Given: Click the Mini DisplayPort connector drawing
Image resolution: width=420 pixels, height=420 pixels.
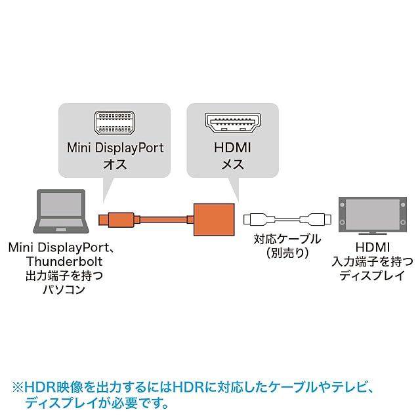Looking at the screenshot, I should click(114, 123).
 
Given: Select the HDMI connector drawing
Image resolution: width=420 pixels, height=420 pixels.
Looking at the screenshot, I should click(232, 123).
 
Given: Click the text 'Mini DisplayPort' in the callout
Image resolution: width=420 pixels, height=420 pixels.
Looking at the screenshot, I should click(115, 148).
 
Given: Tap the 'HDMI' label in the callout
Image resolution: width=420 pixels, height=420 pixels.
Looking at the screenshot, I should click(232, 148).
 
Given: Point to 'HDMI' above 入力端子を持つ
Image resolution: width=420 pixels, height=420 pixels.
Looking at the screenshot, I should click(371, 247).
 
